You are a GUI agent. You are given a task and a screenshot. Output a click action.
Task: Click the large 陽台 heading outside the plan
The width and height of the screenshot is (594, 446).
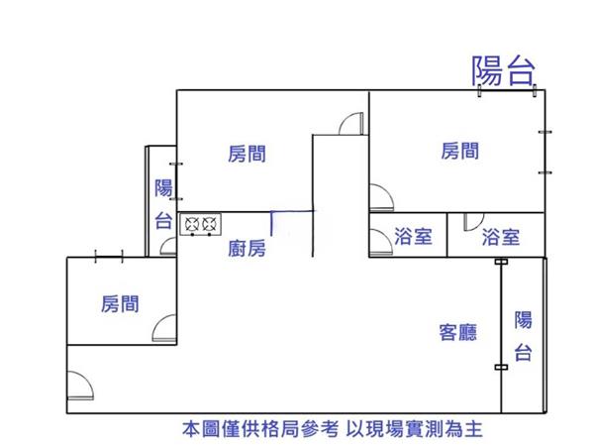pos(504,70)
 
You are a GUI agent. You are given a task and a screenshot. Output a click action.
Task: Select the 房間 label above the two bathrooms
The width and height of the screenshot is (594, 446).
pos(460,151)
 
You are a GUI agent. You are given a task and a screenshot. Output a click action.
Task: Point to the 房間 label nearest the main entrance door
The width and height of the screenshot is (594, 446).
pos(120,303)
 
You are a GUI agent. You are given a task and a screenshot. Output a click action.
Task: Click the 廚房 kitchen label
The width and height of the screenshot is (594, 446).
pos(247,249)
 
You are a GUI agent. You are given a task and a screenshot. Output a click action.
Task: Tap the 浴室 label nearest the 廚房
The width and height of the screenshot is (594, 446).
pos(412,237)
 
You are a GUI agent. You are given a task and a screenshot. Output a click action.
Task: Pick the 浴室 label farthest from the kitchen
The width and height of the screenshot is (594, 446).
pos(500,237)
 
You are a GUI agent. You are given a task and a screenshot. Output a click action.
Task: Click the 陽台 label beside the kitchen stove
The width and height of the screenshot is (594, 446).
pos(164,205)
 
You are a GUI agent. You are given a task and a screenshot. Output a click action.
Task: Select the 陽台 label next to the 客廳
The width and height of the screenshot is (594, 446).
pos(524,336)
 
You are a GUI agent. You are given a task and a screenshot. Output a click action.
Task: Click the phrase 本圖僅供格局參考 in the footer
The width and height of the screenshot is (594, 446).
pos(256,430)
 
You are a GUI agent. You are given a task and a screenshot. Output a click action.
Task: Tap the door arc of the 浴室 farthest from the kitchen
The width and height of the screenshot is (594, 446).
pos(470,223)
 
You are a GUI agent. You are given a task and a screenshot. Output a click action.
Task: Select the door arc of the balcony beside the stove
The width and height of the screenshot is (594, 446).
pos(169,248)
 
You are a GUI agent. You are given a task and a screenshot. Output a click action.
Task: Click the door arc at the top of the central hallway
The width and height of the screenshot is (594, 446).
pos(347,124)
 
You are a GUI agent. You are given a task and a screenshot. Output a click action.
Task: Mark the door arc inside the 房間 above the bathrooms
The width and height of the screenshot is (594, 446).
pos(378,198)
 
